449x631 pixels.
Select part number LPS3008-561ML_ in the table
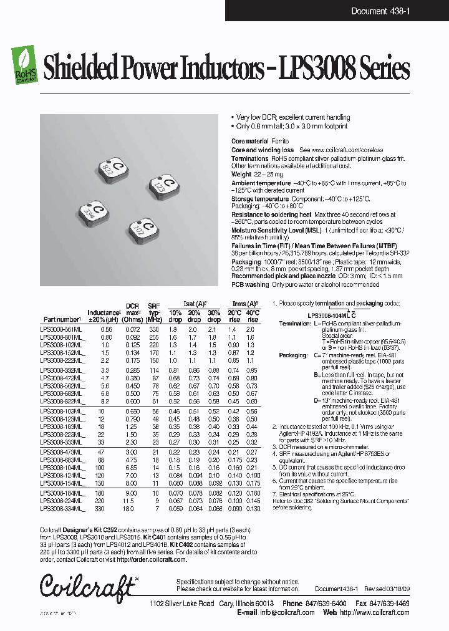coord(60,329)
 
